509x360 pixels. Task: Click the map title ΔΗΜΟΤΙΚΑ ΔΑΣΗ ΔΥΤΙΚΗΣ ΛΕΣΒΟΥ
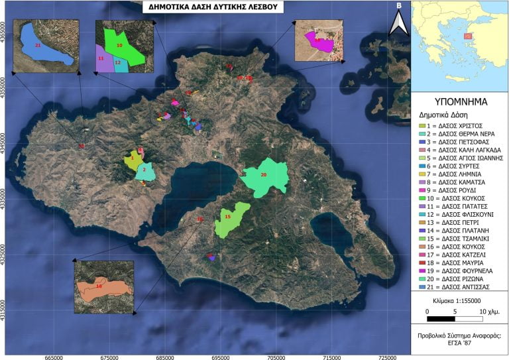point(213,8)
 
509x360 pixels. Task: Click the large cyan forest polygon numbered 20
point(265,177)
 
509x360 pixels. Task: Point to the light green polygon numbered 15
point(230,219)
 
